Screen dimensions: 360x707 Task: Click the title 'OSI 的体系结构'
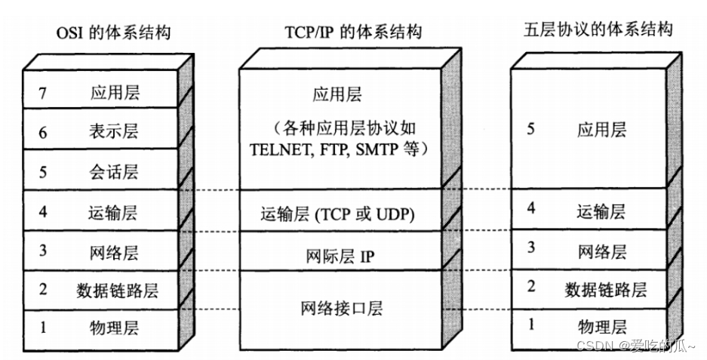click(x=112, y=32)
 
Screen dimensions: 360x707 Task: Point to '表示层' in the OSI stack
click(x=114, y=133)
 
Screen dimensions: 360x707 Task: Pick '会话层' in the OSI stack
click(x=114, y=172)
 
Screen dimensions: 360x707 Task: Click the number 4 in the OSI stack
click(x=43, y=212)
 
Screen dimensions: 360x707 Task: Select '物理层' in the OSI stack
click(x=114, y=328)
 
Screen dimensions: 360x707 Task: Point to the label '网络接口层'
click(x=342, y=308)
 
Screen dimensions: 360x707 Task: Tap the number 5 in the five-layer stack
click(x=531, y=129)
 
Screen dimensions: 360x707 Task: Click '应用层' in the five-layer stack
click(x=601, y=130)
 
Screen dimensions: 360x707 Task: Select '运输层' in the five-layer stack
click(x=601, y=211)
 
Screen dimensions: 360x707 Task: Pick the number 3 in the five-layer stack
click(x=531, y=247)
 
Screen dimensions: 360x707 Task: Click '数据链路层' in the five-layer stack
click(x=606, y=289)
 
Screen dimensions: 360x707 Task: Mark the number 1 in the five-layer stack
click(x=531, y=325)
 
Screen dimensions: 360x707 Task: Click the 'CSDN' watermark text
click(x=591, y=346)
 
